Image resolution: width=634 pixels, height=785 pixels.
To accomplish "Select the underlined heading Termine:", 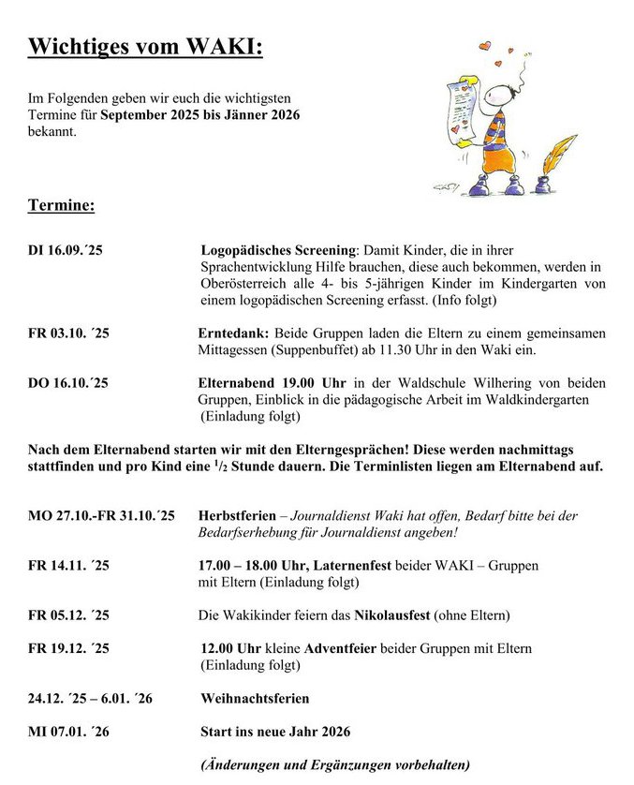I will [x=61, y=204].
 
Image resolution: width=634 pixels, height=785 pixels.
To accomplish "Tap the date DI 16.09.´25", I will [x=68, y=252].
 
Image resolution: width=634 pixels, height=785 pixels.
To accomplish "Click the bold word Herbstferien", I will [x=238, y=515].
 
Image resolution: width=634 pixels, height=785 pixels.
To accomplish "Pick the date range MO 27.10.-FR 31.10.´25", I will [x=101, y=515].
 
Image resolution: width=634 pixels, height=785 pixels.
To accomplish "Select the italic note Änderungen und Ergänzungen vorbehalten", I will [x=335, y=764].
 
